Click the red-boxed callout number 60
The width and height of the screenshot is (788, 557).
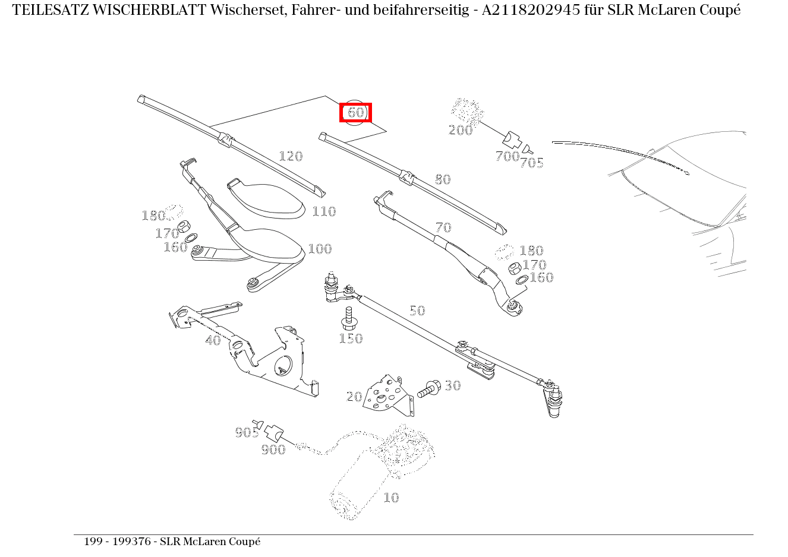coord(355,112)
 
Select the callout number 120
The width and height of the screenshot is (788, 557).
coord(291,156)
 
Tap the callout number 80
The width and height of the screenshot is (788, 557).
coord(443,179)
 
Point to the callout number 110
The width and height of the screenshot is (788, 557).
coord(324,211)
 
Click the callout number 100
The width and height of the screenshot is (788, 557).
coord(320,249)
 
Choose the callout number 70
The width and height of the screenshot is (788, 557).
coord(443,227)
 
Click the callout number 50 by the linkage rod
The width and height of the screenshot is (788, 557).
coord(417,311)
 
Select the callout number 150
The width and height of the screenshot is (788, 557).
coord(351,339)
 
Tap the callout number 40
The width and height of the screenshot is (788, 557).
coord(213,341)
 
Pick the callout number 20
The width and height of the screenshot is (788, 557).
coord(354,397)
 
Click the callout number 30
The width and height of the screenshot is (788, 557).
coord(453,386)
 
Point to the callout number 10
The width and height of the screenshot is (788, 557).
coord(390,498)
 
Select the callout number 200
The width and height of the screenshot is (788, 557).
coord(461,130)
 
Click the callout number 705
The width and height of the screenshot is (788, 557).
coord(531,163)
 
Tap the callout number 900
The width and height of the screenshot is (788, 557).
coord(273,450)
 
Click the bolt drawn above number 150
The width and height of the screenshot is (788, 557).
coord(349,318)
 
